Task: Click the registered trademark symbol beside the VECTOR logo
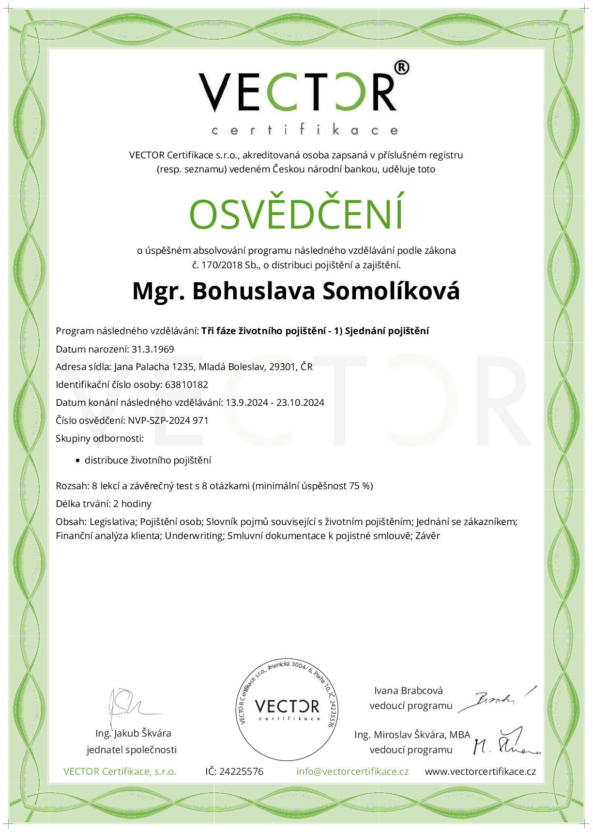(402, 68)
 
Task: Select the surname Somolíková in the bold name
(391, 291)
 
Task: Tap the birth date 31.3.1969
(153, 349)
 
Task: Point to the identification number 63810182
(186, 385)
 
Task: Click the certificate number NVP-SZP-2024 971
(168, 420)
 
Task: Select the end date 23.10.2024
(300, 402)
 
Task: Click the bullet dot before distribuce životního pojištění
(77, 461)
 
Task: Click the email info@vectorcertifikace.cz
(352, 771)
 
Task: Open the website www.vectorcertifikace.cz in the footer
(480, 771)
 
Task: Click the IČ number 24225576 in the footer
(241, 771)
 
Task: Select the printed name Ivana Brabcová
(408, 691)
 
